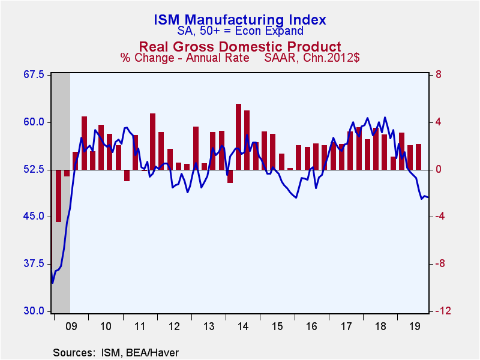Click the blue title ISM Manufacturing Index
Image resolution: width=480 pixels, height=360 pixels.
tap(240, 19)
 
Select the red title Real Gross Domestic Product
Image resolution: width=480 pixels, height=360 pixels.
tap(240, 47)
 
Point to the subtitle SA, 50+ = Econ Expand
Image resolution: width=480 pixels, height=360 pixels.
tap(241, 31)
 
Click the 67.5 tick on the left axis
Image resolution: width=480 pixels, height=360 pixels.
tap(34, 75)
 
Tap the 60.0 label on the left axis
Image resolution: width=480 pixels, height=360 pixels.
tap(34, 122)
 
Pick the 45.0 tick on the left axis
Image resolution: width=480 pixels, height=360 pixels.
tap(34, 217)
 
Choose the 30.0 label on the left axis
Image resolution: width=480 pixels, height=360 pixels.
tap(34, 311)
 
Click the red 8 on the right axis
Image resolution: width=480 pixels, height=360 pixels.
tap(438, 75)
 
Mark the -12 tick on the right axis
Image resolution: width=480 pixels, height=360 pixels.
tap(443, 311)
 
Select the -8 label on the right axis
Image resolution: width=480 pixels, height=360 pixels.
tap(440, 264)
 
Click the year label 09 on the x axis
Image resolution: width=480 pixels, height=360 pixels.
tap(71, 326)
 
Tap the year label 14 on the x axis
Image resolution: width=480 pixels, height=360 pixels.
tap(243, 326)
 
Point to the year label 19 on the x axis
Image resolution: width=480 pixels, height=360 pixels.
tap(415, 326)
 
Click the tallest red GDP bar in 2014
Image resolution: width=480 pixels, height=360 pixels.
tap(238, 137)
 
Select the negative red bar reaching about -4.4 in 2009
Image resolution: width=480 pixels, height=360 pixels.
tap(58, 196)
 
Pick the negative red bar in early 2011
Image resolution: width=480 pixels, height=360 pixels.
tap(127, 175)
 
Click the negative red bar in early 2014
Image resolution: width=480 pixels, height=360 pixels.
tap(230, 176)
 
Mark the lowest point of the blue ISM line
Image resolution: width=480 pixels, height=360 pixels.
tap(52, 283)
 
